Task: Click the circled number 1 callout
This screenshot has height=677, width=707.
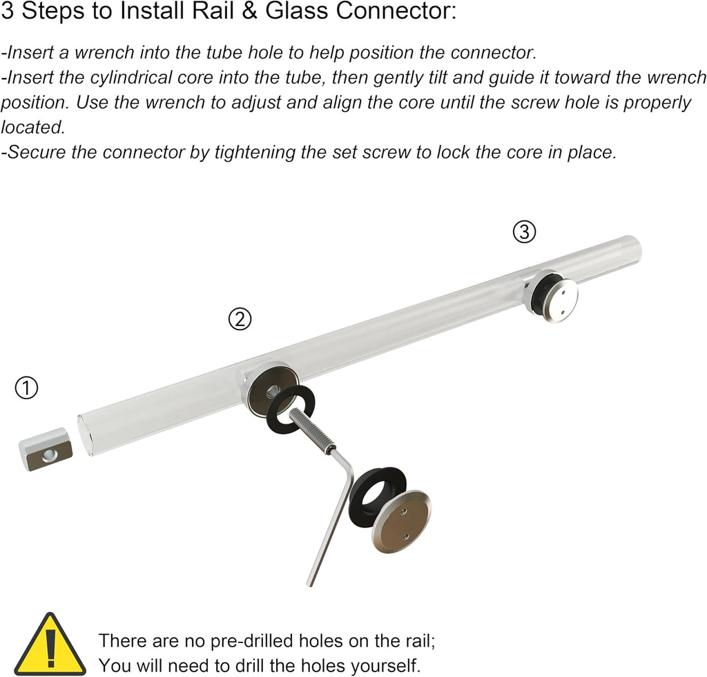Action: pos(27,388)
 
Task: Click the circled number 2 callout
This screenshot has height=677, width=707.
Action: pos(240,319)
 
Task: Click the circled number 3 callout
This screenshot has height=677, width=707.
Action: pos(525,232)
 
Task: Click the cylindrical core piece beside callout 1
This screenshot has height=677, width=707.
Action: pos(46,450)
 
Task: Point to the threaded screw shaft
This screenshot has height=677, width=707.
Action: pos(311,427)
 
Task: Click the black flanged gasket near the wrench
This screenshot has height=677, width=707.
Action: pos(377,496)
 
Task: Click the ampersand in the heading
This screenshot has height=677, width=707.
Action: pos(249,11)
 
